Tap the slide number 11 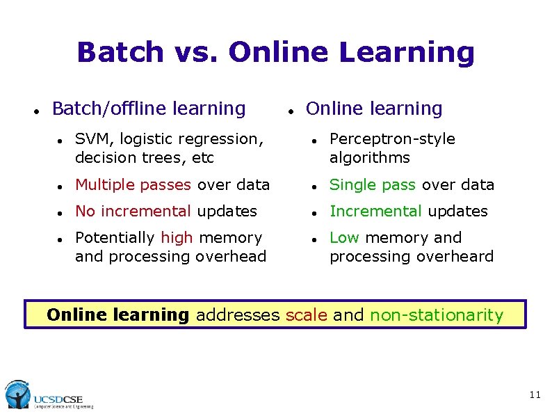pyautogui.click(x=535, y=395)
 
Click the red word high pyautogui.click(x=177, y=238)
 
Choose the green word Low pyautogui.click(x=344, y=238)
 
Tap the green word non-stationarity pyautogui.click(x=437, y=315)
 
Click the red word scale pyautogui.click(x=307, y=315)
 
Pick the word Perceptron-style pyautogui.click(x=392, y=139)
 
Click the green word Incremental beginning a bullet pyautogui.click(x=375, y=212)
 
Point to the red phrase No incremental pyautogui.click(x=133, y=212)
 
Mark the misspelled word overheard pyautogui.click(x=460, y=257)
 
